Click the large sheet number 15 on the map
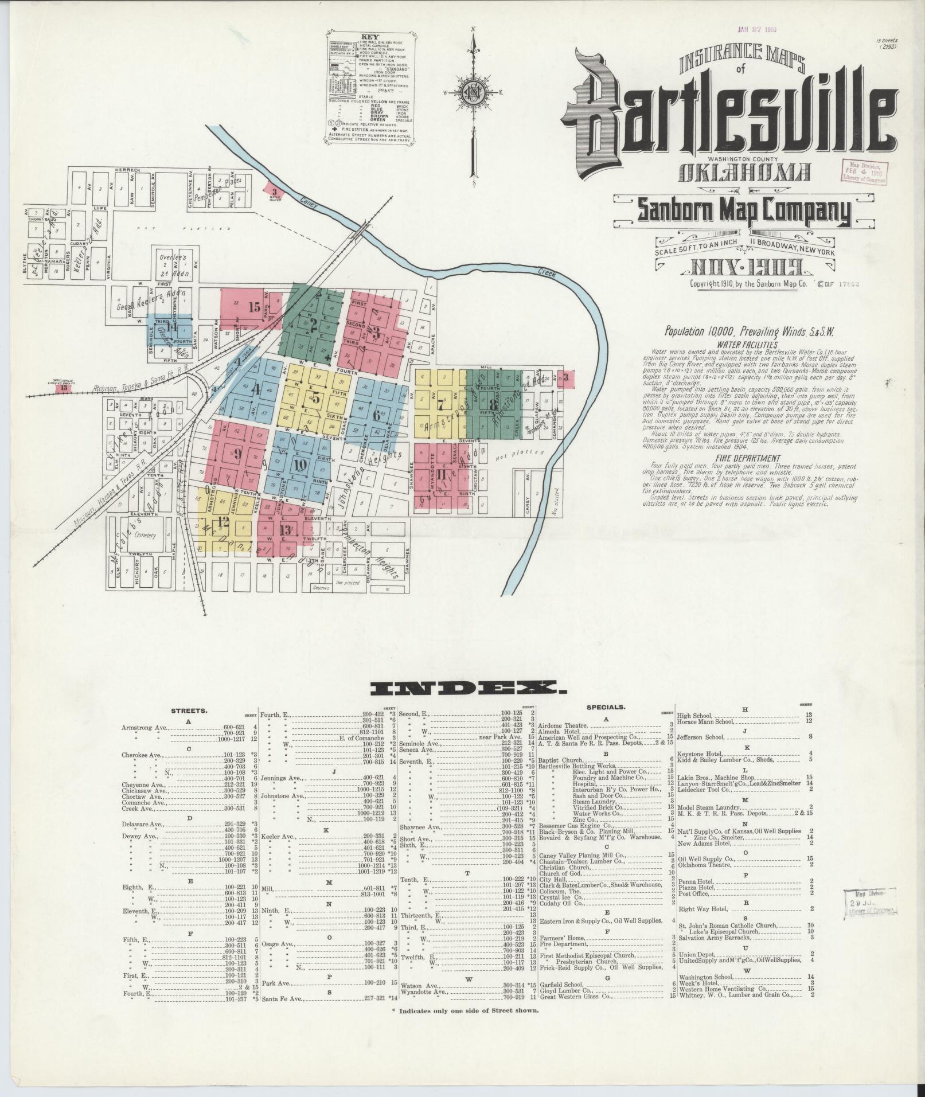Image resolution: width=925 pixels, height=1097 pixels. (255, 306)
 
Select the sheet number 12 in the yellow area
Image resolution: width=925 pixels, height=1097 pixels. (223, 522)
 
